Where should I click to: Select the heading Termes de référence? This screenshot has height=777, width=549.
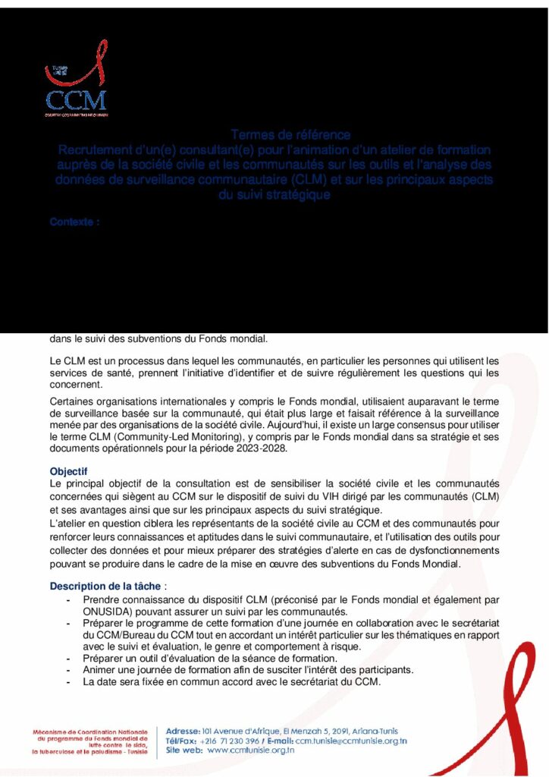click(x=290, y=135)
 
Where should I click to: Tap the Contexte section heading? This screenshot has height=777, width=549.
click(x=74, y=222)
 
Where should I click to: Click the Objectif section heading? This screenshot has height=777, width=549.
click(x=69, y=471)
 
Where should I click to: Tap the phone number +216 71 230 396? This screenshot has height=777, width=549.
click(x=230, y=741)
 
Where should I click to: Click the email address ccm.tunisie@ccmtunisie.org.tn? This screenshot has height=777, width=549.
click(x=351, y=741)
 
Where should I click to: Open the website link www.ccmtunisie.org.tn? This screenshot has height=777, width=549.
click(x=250, y=750)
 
